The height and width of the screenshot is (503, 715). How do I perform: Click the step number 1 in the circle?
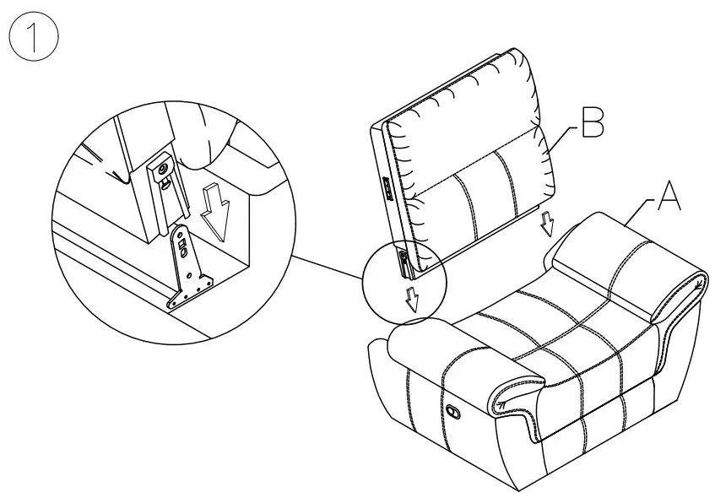33,38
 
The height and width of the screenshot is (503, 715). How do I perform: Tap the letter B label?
593,124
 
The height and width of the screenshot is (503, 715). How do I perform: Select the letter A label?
668,197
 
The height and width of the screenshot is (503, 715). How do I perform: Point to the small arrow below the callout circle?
412,298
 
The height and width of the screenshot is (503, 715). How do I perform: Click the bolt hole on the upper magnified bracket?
162,170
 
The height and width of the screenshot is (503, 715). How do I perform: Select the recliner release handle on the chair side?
453,412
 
